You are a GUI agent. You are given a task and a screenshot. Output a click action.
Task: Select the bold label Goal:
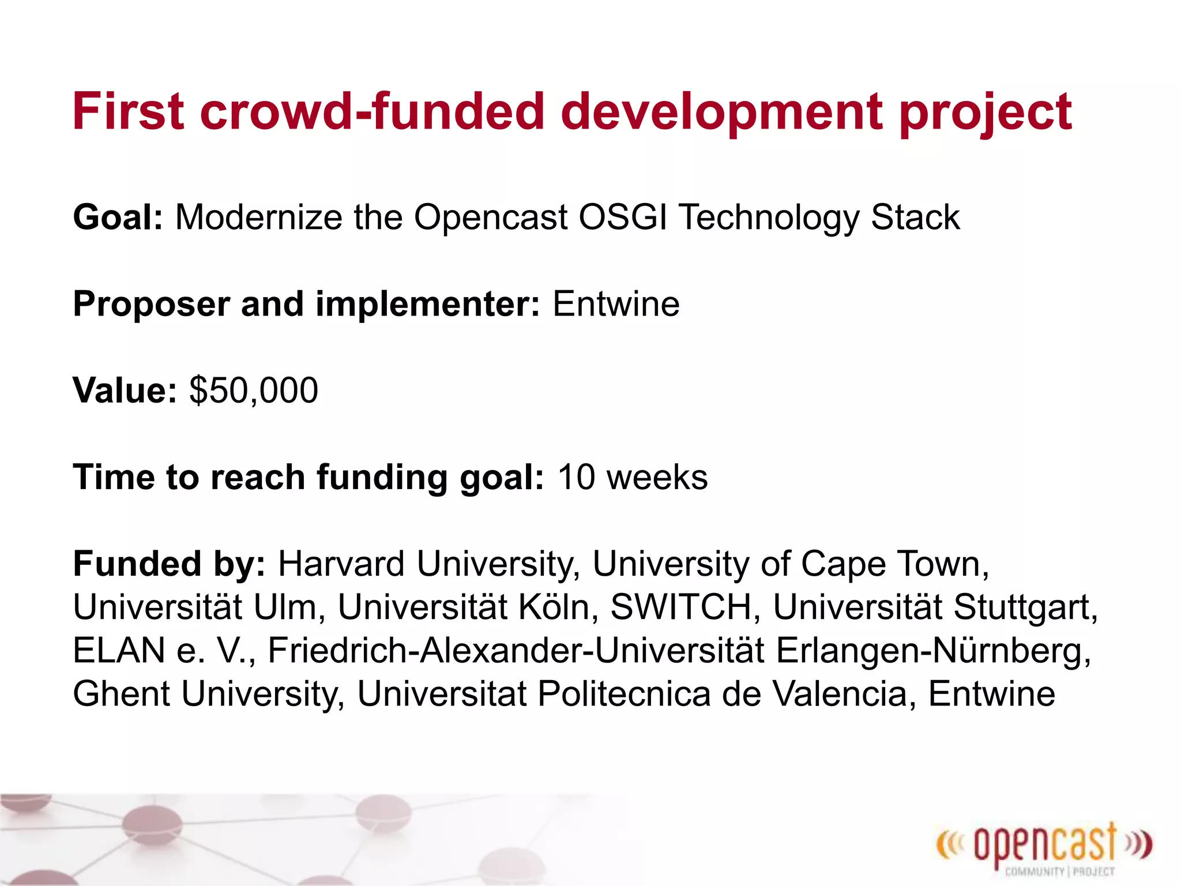[x=118, y=217]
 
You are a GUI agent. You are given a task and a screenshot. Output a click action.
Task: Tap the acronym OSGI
[x=622, y=217]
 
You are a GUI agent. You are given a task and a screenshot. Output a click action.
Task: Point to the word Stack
[x=915, y=217]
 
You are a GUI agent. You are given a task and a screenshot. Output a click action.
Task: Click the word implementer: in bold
[x=427, y=304]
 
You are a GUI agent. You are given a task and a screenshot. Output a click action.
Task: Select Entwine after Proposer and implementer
[x=616, y=304]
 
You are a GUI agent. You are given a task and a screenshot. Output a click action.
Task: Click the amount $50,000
[x=254, y=391]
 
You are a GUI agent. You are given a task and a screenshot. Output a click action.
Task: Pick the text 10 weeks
[x=633, y=478]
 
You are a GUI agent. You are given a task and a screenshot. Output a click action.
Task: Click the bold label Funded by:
[x=169, y=564]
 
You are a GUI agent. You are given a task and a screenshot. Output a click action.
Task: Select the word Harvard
[x=341, y=564]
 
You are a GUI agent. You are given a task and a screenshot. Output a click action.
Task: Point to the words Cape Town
[x=894, y=564]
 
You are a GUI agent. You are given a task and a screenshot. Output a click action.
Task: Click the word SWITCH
[x=680, y=607]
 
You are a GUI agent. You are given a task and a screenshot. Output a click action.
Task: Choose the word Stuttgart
[x=1025, y=607]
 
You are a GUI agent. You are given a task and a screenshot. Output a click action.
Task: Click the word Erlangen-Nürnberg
[x=933, y=651]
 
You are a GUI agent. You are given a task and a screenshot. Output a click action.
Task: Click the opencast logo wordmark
[x=1044, y=846]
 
